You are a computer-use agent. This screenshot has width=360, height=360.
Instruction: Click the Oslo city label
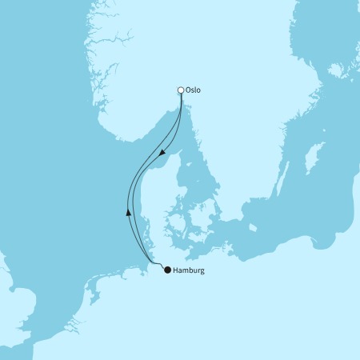193,90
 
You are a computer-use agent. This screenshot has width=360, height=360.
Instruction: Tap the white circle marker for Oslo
181,90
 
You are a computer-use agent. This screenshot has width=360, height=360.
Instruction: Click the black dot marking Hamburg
167,270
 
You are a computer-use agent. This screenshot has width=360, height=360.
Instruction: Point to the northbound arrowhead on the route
128,212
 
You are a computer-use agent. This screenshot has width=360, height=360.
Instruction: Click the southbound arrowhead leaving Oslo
163,151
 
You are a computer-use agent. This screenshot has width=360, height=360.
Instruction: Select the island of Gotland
310,158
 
